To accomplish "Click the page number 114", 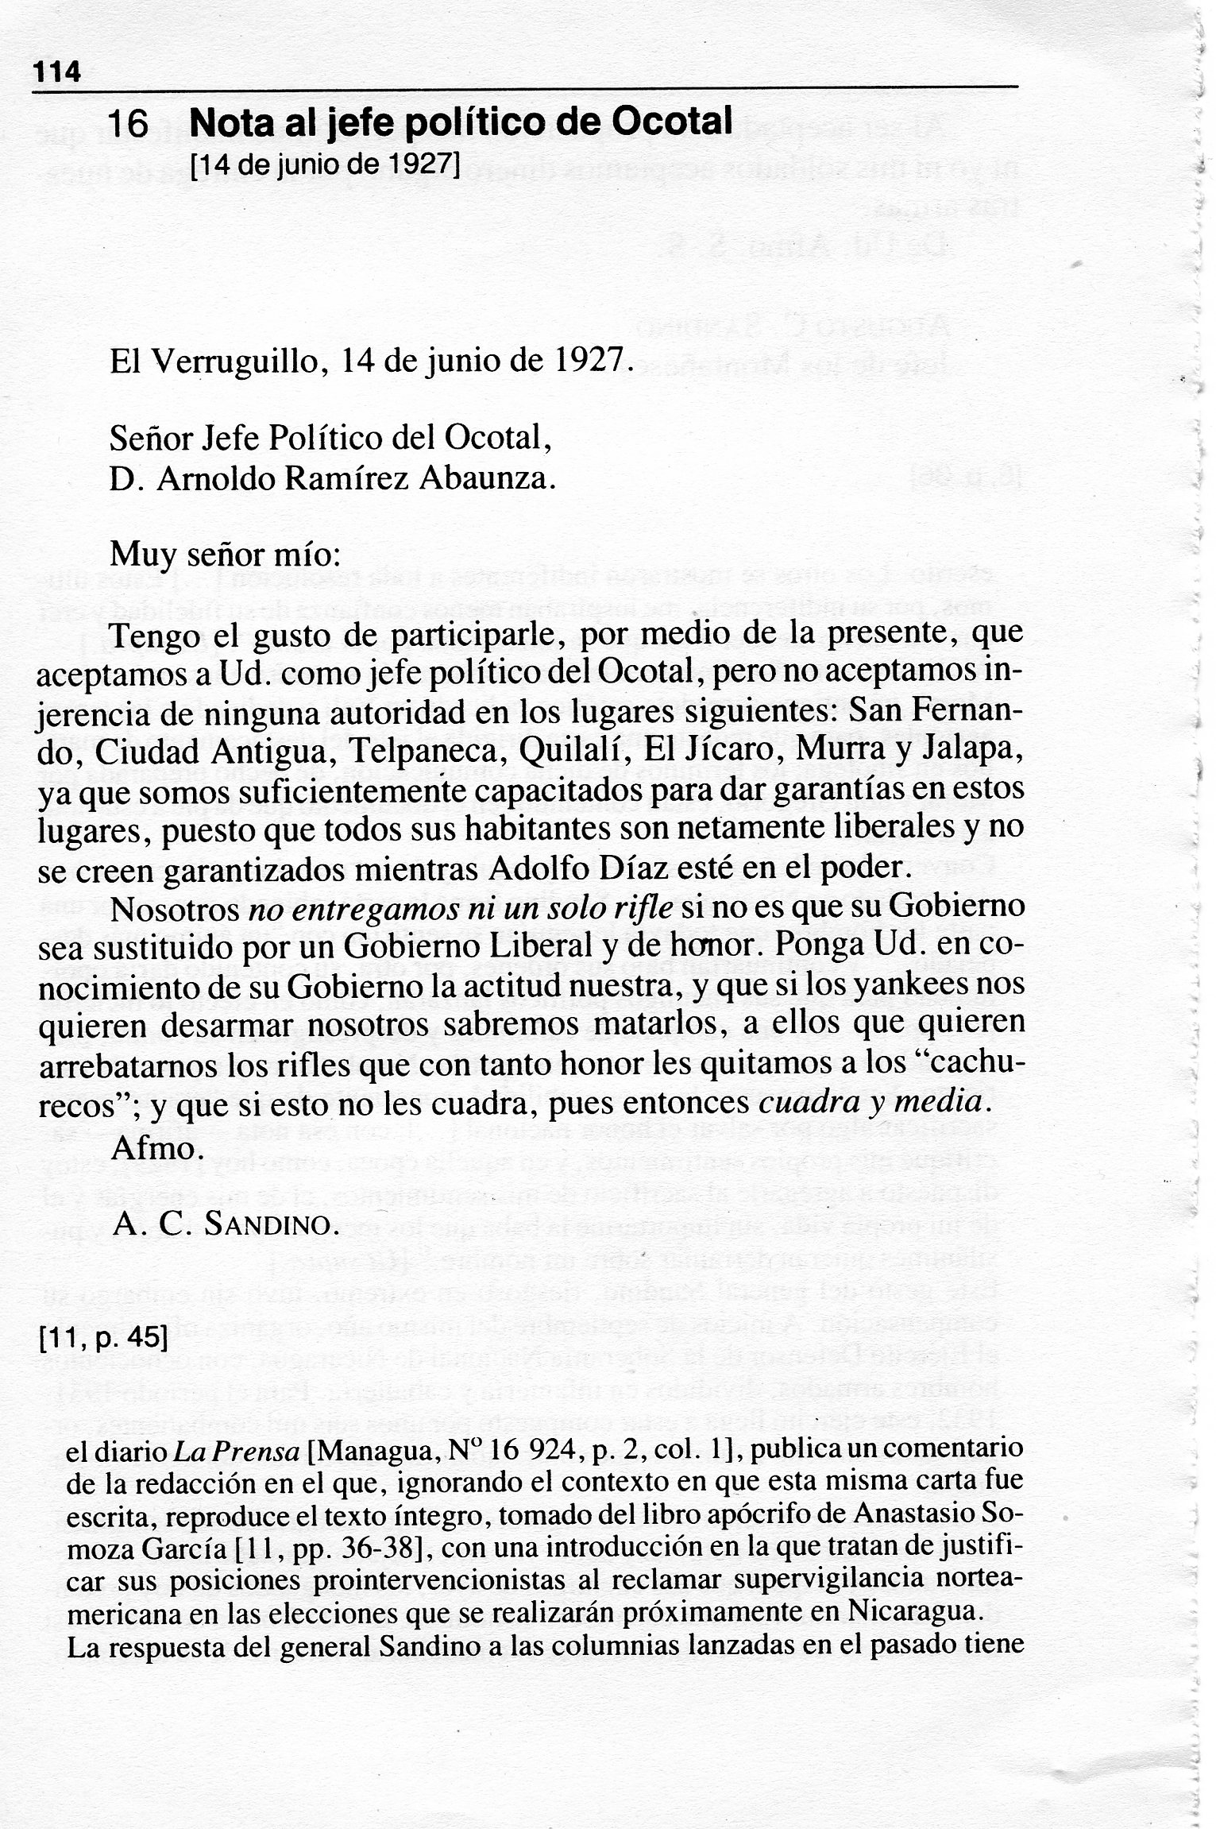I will (56, 72).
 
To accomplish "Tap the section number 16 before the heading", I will (128, 125).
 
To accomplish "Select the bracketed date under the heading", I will (326, 166).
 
